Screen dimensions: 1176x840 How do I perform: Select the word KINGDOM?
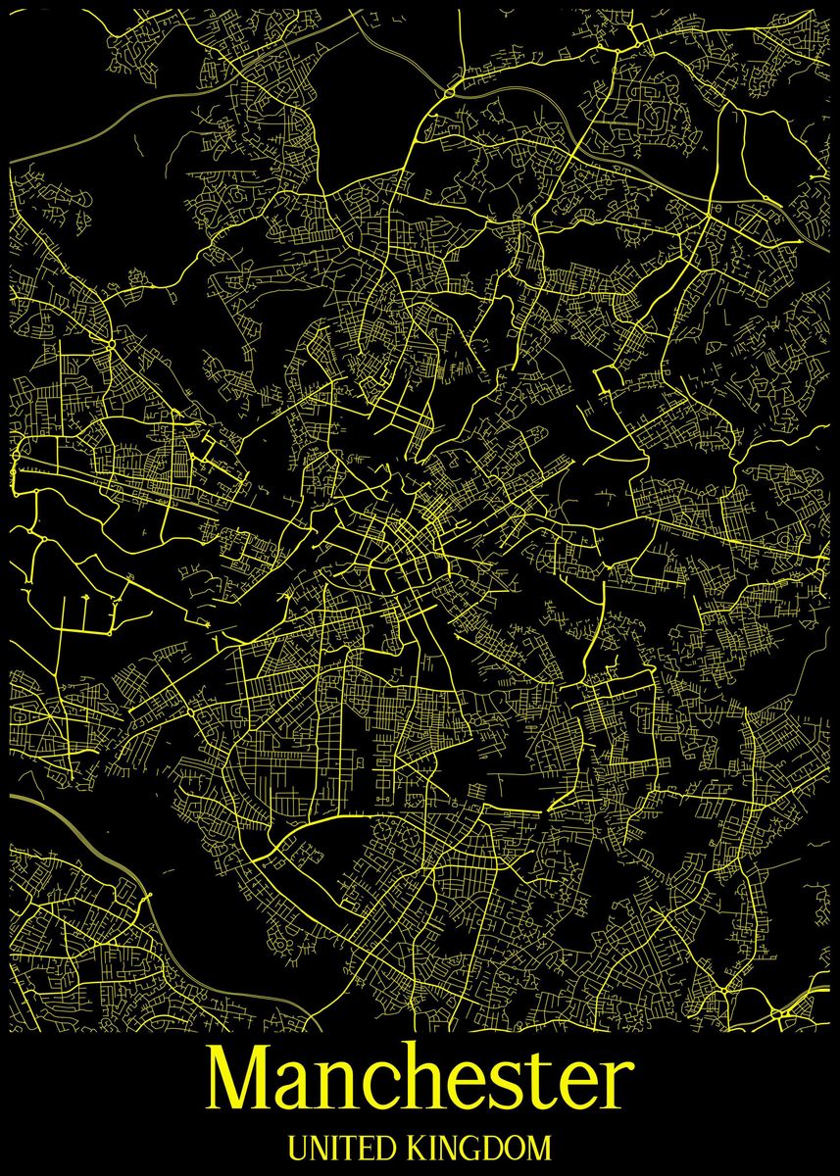click(480, 1147)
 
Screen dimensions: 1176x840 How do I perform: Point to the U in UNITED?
click(298, 1147)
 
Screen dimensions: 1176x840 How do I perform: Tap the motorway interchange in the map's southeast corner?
click(784, 1009)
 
